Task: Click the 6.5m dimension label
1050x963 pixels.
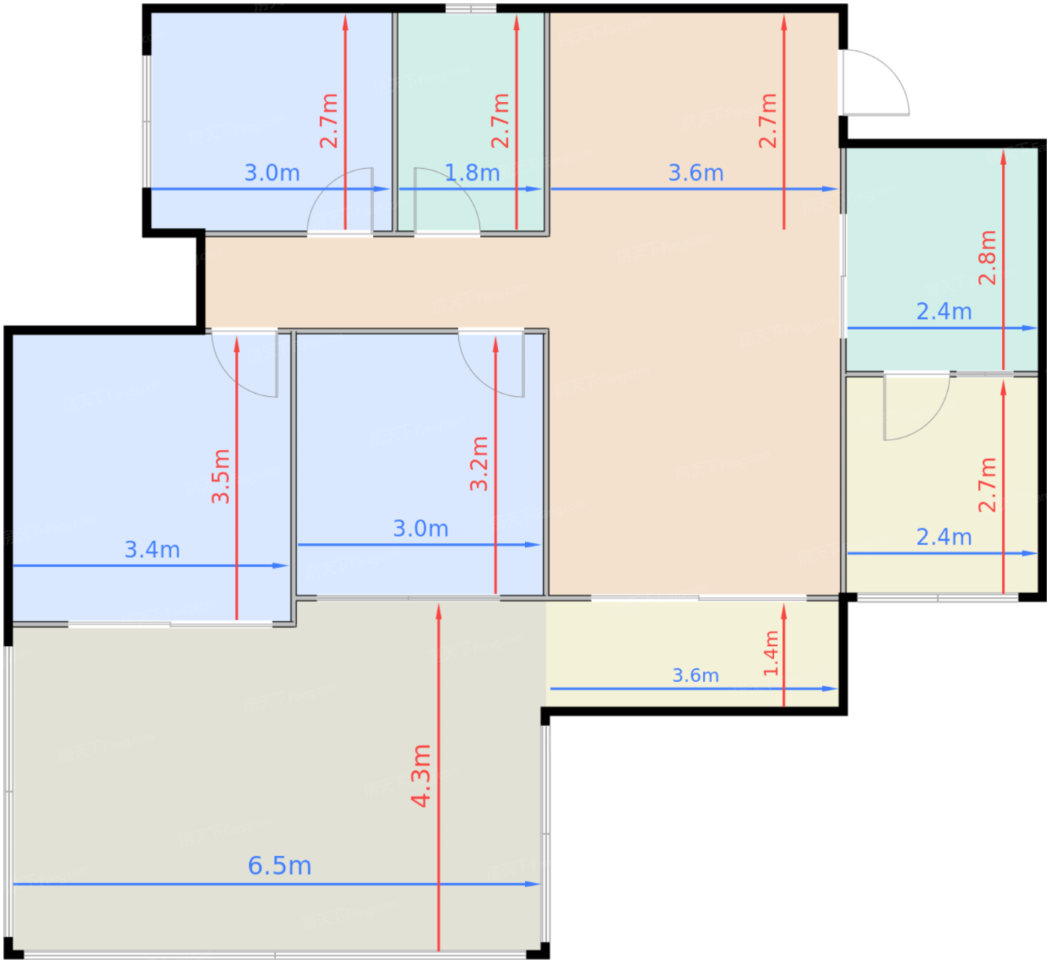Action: [280, 865]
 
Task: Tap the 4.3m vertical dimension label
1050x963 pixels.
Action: [421, 775]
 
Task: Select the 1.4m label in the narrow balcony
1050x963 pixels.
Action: [771, 653]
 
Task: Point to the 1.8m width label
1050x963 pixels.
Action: [472, 172]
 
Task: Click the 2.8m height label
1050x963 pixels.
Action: [987, 258]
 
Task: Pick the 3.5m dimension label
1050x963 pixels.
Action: [220, 476]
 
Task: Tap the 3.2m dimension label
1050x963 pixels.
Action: [478, 463]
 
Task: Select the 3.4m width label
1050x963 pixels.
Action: [152, 550]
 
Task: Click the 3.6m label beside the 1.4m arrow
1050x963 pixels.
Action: [696, 676]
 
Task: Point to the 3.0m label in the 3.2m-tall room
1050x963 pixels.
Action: [421, 528]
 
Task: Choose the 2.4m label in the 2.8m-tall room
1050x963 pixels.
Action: [943, 311]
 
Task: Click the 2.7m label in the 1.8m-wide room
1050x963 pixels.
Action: [500, 121]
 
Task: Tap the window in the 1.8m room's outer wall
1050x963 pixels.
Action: [470, 9]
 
